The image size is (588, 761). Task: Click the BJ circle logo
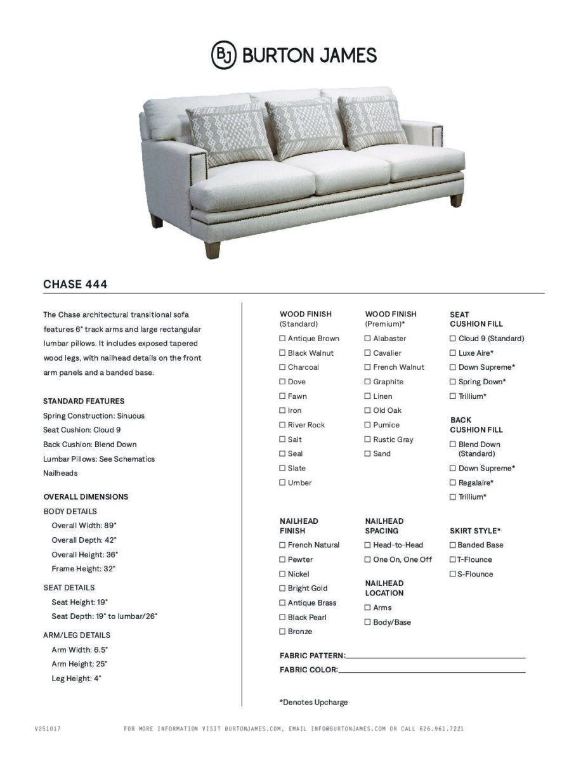coord(223,55)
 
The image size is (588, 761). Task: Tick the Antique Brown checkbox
coord(283,339)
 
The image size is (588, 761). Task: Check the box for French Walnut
coord(368,367)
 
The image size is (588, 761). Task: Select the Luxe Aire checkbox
coord(453,353)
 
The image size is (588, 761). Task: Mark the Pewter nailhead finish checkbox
coord(283,560)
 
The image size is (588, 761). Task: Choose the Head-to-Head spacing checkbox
coord(368,545)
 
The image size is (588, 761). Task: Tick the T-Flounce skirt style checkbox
coord(453,560)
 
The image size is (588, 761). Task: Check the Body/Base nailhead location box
coord(368,622)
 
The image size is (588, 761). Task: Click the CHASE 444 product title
coord(75,284)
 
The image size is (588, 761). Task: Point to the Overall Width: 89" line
coord(84,526)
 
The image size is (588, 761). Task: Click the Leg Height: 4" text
coord(76,679)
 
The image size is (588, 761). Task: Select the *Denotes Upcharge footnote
coord(313,702)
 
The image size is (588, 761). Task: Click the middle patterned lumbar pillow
coord(304,127)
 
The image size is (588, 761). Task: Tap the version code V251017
coord(48,729)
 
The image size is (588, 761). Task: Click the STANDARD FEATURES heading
coord(84,401)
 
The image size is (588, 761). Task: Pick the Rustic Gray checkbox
coord(368,439)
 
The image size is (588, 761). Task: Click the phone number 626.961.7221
coord(441,729)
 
